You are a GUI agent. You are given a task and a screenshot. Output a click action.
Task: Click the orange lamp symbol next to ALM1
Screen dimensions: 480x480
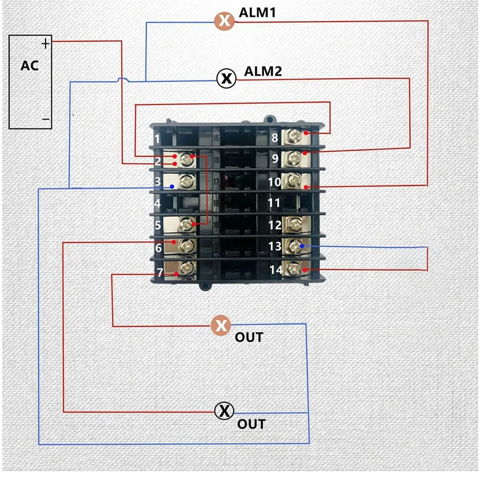(224, 21)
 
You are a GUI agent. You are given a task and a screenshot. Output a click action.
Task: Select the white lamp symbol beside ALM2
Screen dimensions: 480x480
(226, 78)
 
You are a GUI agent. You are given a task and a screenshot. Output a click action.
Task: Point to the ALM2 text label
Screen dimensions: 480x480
(263, 71)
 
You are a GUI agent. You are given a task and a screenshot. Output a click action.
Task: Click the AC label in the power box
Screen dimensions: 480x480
(29, 65)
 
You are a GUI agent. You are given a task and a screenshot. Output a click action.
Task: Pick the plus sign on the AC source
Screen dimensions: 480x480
(46, 43)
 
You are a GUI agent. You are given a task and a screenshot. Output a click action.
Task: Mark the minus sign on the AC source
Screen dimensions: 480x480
(46, 119)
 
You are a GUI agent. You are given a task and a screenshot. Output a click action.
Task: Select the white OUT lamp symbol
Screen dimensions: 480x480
(224, 411)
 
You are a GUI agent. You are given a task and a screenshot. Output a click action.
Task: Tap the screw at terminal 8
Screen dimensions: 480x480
(295, 136)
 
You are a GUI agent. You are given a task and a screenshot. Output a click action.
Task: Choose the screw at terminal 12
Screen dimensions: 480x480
(294, 224)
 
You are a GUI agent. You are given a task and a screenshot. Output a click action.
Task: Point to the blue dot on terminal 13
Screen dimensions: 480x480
(302, 246)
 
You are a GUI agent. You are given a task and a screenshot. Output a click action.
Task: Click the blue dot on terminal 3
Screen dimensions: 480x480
(172, 187)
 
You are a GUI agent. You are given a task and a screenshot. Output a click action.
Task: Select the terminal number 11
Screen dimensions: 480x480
(274, 203)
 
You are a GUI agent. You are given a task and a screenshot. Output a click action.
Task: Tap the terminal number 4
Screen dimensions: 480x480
(157, 203)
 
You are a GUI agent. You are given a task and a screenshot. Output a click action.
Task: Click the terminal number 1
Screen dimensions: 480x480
(157, 139)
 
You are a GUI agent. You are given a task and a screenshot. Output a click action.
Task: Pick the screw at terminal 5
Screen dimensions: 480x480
(187, 224)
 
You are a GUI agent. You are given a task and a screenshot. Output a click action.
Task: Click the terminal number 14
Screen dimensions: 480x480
(274, 269)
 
